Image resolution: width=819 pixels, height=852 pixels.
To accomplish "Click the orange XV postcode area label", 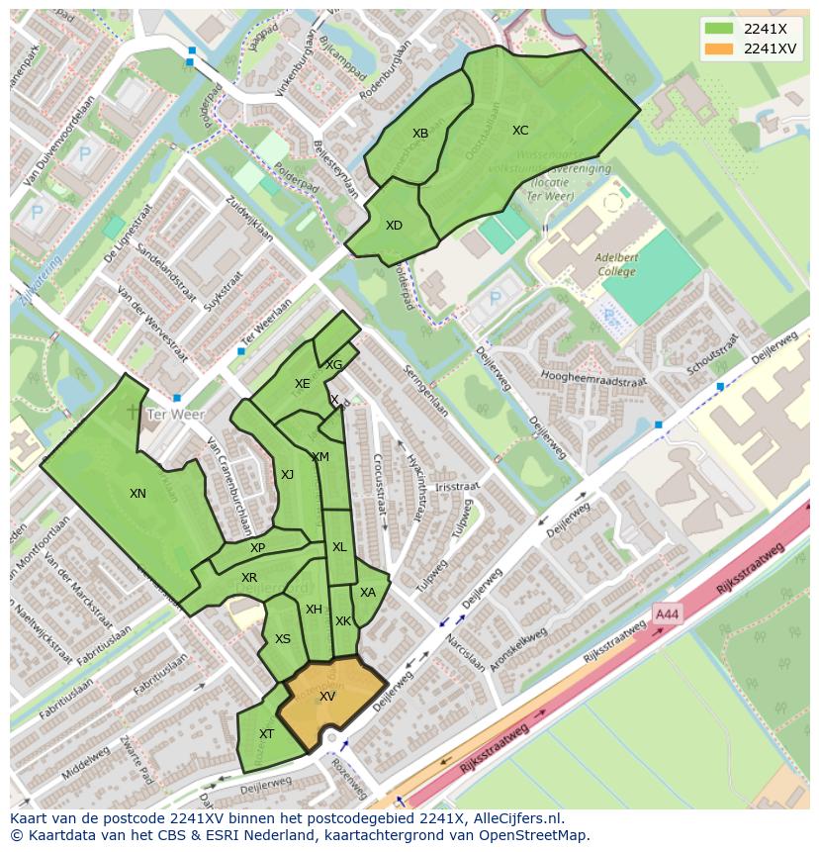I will (x=327, y=697).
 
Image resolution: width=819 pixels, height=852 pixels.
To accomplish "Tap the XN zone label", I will (x=137, y=493).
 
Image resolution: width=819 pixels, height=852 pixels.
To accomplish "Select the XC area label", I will (x=520, y=131).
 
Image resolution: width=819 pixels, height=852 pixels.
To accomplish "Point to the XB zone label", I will (x=420, y=134).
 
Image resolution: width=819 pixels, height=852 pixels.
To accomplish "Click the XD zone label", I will (x=394, y=226).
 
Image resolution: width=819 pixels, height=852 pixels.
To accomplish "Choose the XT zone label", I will (x=266, y=734).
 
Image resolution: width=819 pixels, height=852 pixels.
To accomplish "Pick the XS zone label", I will (x=283, y=639).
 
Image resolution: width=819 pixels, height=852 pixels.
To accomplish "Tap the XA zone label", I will (x=368, y=593).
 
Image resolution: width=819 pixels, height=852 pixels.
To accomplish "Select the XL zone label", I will (x=339, y=547).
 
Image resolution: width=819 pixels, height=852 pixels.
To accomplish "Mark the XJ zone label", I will (x=287, y=475).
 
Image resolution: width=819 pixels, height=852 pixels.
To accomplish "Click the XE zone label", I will (x=302, y=384).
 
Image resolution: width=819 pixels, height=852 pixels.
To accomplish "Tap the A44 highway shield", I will (x=667, y=615).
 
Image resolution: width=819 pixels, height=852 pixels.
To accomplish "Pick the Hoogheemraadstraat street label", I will (x=593, y=378).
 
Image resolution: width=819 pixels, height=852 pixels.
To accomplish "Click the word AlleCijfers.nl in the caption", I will (x=513, y=818).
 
